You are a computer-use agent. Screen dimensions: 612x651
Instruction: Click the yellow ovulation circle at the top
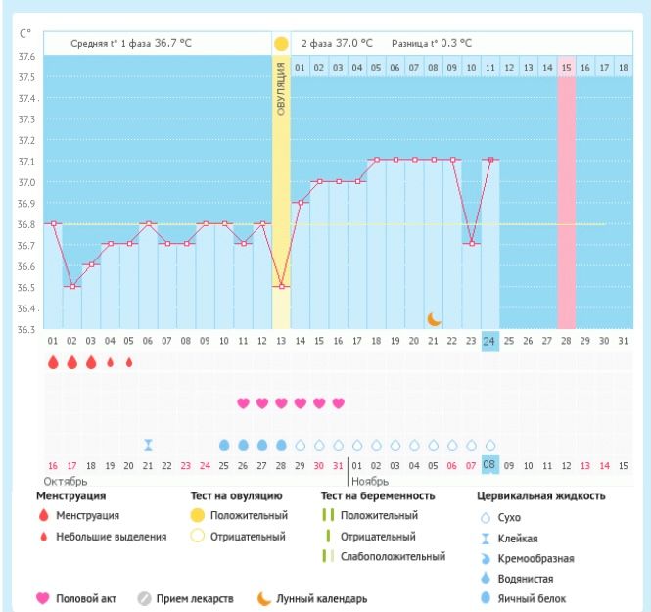[282, 44]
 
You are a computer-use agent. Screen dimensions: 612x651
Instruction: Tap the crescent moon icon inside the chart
[435, 318]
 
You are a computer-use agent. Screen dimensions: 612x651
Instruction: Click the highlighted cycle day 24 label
[490, 341]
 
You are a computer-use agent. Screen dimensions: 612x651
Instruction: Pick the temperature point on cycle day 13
[282, 286]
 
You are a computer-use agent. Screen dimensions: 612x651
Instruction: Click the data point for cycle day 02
[71, 286]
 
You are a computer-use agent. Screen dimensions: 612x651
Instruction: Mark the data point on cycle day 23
[472, 244]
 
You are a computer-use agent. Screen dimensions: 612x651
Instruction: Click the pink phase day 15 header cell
[567, 68]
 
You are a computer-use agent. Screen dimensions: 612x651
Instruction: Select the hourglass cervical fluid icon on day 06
[148, 445]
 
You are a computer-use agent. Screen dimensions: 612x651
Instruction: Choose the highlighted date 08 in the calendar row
[490, 465]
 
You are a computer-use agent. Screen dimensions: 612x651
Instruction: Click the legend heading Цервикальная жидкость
[540, 495]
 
